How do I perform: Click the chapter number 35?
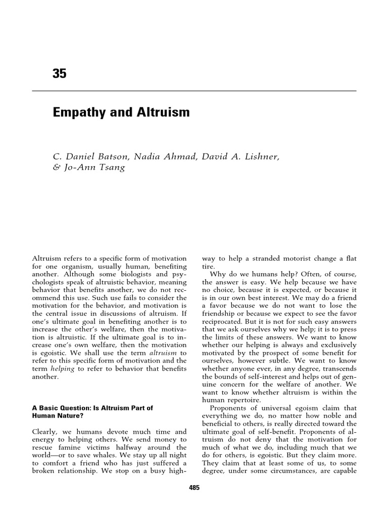point(59,74)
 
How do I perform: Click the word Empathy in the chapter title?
point(80,113)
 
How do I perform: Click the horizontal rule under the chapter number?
point(194,91)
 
